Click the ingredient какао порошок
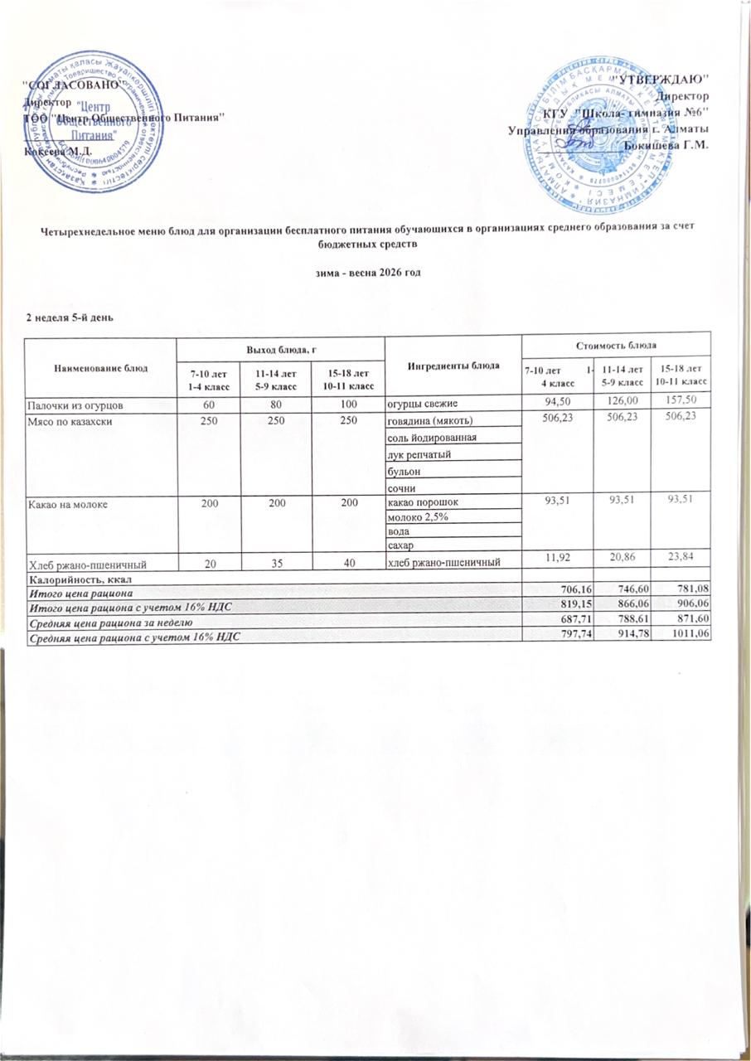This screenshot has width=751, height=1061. click(x=422, y=502)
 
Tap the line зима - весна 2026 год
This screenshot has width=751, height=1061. click(x=375, y=274)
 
